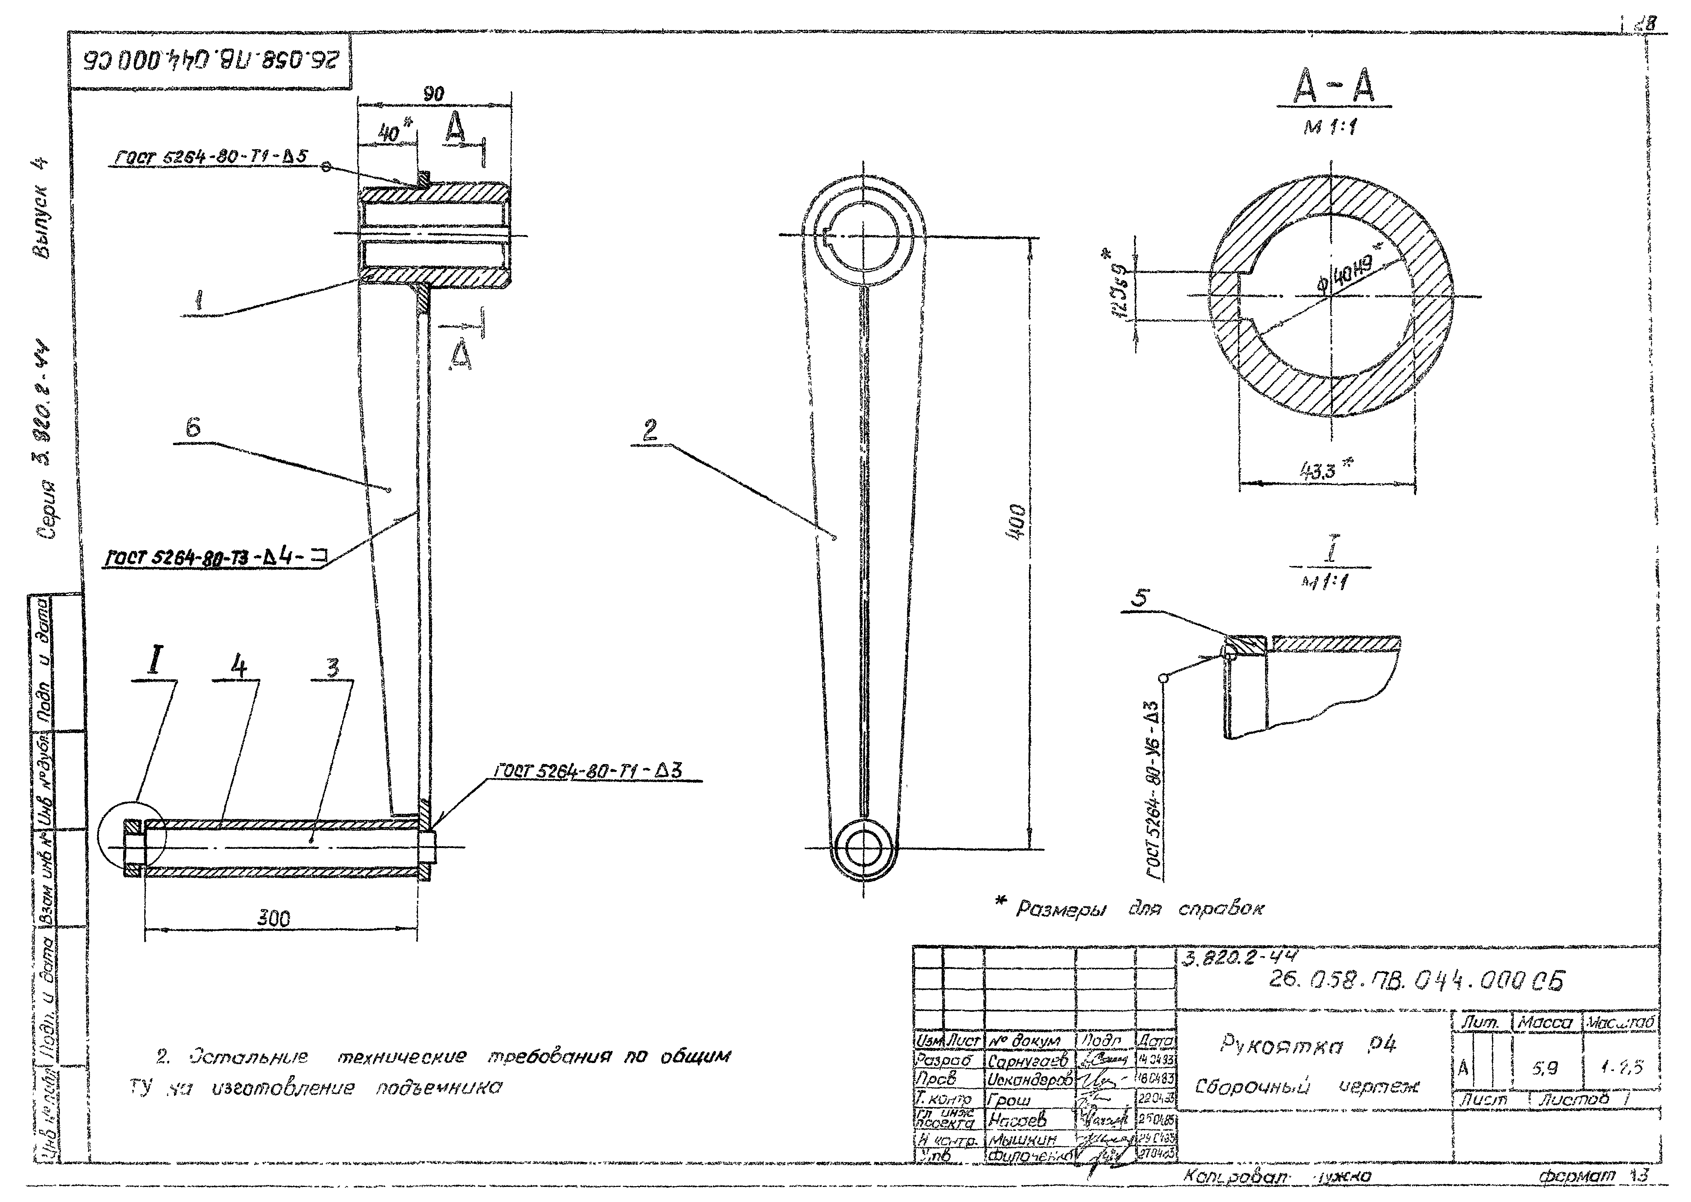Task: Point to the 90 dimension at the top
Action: point(433,94)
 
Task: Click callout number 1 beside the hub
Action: point(198,300)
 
